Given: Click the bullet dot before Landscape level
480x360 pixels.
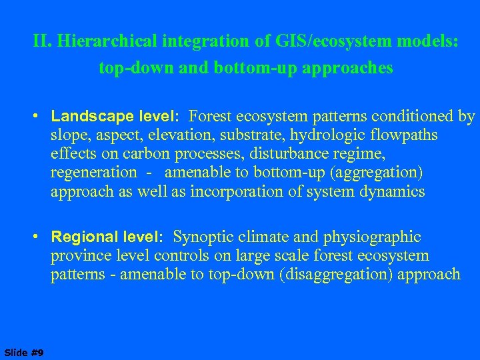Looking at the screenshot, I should click(41, 117).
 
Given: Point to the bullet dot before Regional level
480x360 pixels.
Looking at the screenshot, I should click(41, 237).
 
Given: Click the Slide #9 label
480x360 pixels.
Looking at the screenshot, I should click(24, 352).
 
